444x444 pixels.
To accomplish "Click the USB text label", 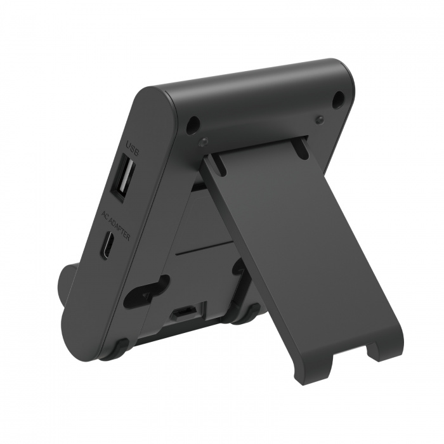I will coord(133,150).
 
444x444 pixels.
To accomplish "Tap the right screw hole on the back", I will coord(339,98).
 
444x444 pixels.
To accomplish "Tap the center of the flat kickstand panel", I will coord(292,254).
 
